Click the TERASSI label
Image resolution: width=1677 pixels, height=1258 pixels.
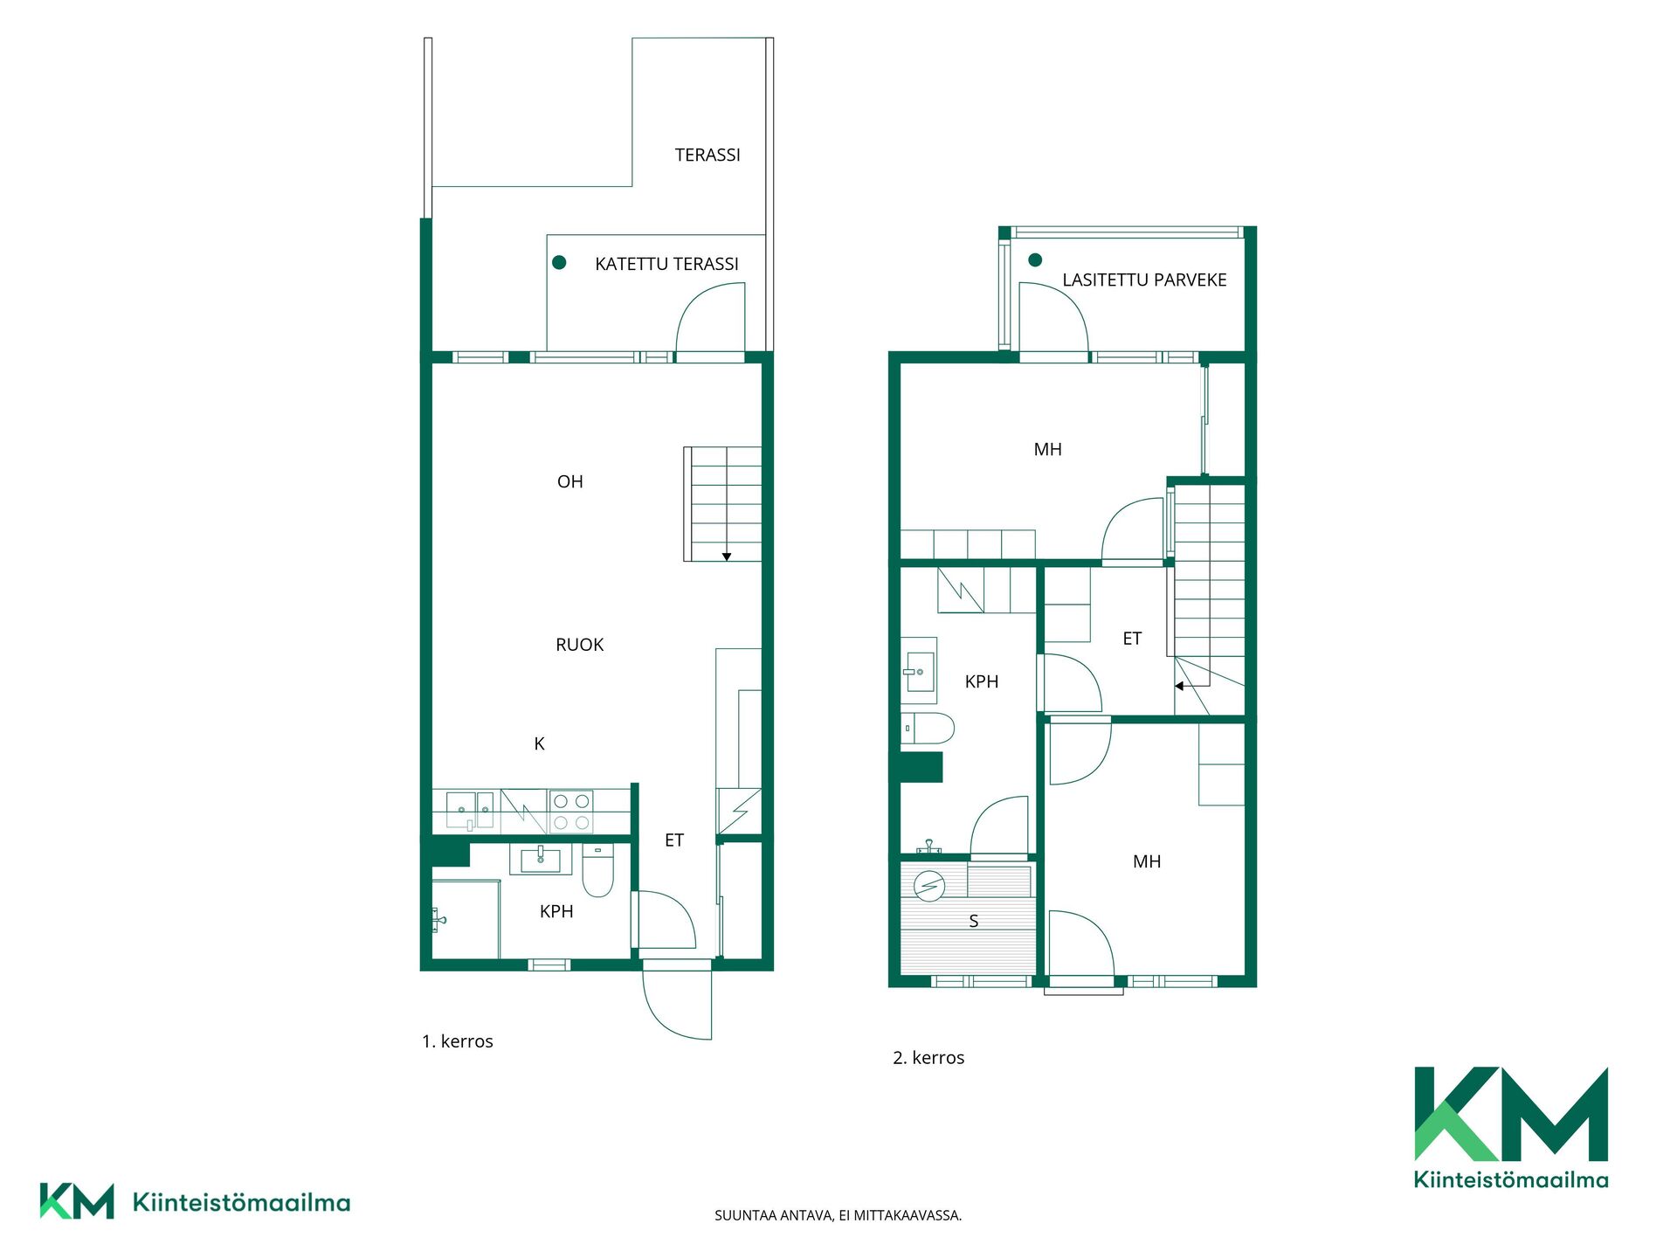(x=707, y=155)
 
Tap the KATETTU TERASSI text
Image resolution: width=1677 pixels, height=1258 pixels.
(x=666, y=264)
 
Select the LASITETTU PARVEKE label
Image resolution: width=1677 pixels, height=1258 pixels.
(x=1144, y=280)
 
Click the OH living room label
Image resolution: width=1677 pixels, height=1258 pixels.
(x=569, y=481)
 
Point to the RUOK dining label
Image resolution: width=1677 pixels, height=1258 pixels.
(x=579, y=645)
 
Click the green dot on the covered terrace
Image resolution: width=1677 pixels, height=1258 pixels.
(x=559, y=262)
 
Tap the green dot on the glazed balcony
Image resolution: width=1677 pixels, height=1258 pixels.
(x=1035, y=259)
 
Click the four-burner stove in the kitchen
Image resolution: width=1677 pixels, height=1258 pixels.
(x=571, y=812)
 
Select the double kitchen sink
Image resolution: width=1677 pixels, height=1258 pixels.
(x=470, y=810)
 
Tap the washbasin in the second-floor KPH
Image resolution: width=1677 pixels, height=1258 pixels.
(x=919, y=671)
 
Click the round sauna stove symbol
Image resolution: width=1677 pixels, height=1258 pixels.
(x=928, y=886)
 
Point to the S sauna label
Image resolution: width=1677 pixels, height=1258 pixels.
(x=973, y=921)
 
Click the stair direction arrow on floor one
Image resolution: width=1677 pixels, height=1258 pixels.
(x=726, y=556)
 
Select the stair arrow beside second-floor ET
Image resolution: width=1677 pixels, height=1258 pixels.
(x=1179, y=686)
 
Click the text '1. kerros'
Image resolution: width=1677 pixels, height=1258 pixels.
(x=458, y=1041)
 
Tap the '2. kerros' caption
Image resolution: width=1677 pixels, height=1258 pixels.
(x=928, y=1058)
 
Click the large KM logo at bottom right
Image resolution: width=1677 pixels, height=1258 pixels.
(x=1511, y=1127)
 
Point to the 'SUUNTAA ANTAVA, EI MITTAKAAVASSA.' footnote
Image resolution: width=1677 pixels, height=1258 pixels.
(x=838, y=1215)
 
